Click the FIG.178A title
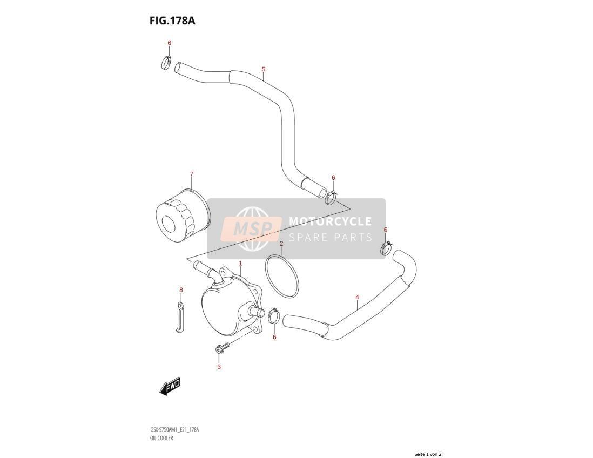click(x=172, y=21)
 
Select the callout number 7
click(x=191, y=174)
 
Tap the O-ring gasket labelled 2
click(x=282, y=276)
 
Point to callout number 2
click(x=281, y=244)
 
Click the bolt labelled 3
click(x=223, y=348)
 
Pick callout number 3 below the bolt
click(x=219, y=367)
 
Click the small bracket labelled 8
click(x=180, y=316)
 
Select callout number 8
click(x=181, y=290)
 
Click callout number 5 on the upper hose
click(x=264, y=69)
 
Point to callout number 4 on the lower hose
click(x=357, y=297)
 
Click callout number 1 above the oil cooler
click(x=240, y=263)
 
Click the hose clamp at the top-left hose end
click(x=166, y=63)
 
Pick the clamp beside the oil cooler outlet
click(x=273, y=316)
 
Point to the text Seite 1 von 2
click(x=428, y=454)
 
